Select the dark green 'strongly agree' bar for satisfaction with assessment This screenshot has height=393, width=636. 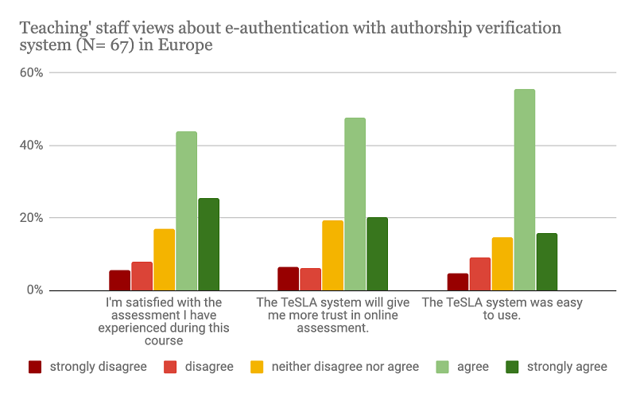coord(208,244)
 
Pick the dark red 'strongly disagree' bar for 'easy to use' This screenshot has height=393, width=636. coord(458,282)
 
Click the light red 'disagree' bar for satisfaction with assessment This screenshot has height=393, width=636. coord(142,276)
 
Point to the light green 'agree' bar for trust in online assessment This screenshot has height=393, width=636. coord(355,204)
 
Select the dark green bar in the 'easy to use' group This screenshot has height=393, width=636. coord(547,262)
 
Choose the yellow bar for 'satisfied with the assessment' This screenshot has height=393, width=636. coord(165,259)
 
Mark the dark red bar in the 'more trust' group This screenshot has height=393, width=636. coord(289,278)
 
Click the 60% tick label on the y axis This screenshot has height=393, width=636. coord(32,73)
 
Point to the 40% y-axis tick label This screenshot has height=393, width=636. coord(32,146)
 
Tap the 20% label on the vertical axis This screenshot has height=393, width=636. coord(32,218)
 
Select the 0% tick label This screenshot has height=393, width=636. coord(35,290)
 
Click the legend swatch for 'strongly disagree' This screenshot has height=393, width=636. coord(35,367)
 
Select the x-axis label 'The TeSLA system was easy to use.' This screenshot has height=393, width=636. coord(480,309)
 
